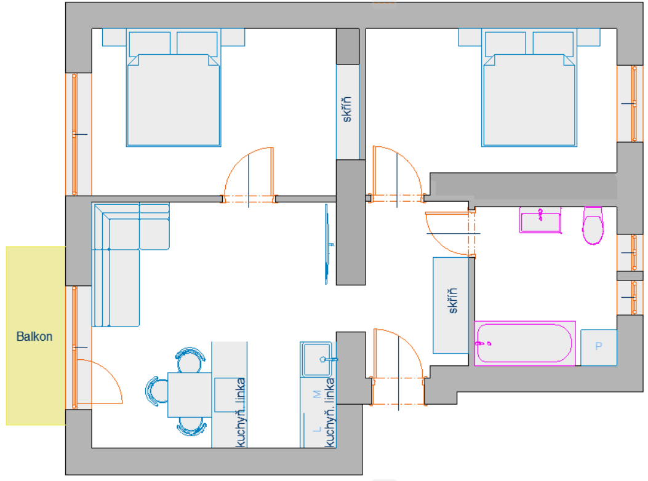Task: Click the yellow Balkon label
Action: (x=34, y=336)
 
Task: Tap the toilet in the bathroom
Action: (x=593, y=226)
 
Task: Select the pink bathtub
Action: (x=525, y=343)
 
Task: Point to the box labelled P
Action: (x=599, y=348)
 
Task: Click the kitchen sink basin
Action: (x=317, y=359)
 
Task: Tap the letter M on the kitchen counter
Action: (x=317, y=394)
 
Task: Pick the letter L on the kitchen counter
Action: (x=317, y=429)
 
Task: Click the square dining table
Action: (x=190, y=395)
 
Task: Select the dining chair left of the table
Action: (x=156, y=391)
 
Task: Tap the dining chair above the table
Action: (x=190, y=359)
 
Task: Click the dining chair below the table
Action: (x=191, y=426)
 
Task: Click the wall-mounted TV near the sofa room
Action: (x=327, y=244)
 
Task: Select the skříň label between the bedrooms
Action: (x=346, y=109)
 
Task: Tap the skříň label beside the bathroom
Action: (x=453, y=301)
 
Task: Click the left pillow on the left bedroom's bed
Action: (x=150, y=44)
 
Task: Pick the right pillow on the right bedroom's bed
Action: (x=553, y=43)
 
